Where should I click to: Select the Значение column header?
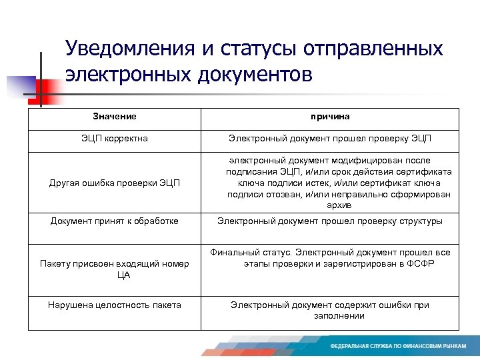click(x=115, y=117)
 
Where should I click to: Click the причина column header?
click(x=330, y=117)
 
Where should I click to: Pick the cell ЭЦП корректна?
click(x=115, y=139)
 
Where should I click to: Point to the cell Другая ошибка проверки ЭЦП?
click(x=115, y=183)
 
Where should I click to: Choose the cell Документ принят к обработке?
click(x=115, y=221)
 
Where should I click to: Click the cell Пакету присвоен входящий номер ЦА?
click(x=115, y=269)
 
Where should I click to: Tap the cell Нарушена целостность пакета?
click(x=115, y=305)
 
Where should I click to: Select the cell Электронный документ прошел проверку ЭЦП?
click(x=330, y=139)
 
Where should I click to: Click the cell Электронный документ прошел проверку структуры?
click(x=330, y=221)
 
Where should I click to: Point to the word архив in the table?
click(x=330, y=206)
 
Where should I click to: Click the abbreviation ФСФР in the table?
click(x=418, y=263)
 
